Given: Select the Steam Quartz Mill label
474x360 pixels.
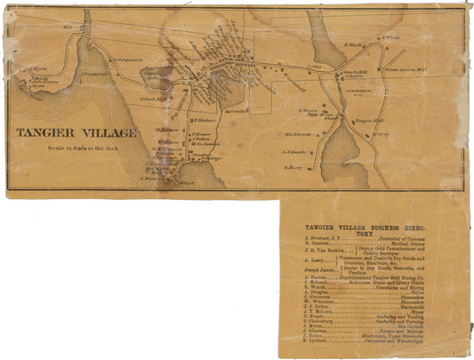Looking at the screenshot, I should (405, 69).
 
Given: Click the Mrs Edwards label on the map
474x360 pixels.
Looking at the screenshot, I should (298, 135).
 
